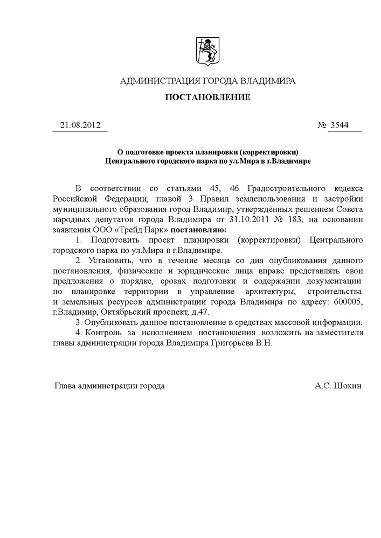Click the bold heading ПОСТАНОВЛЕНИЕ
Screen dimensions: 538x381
pos(207,98)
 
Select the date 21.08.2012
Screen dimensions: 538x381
pos(79,125)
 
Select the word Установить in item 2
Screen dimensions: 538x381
pos(109,261)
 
